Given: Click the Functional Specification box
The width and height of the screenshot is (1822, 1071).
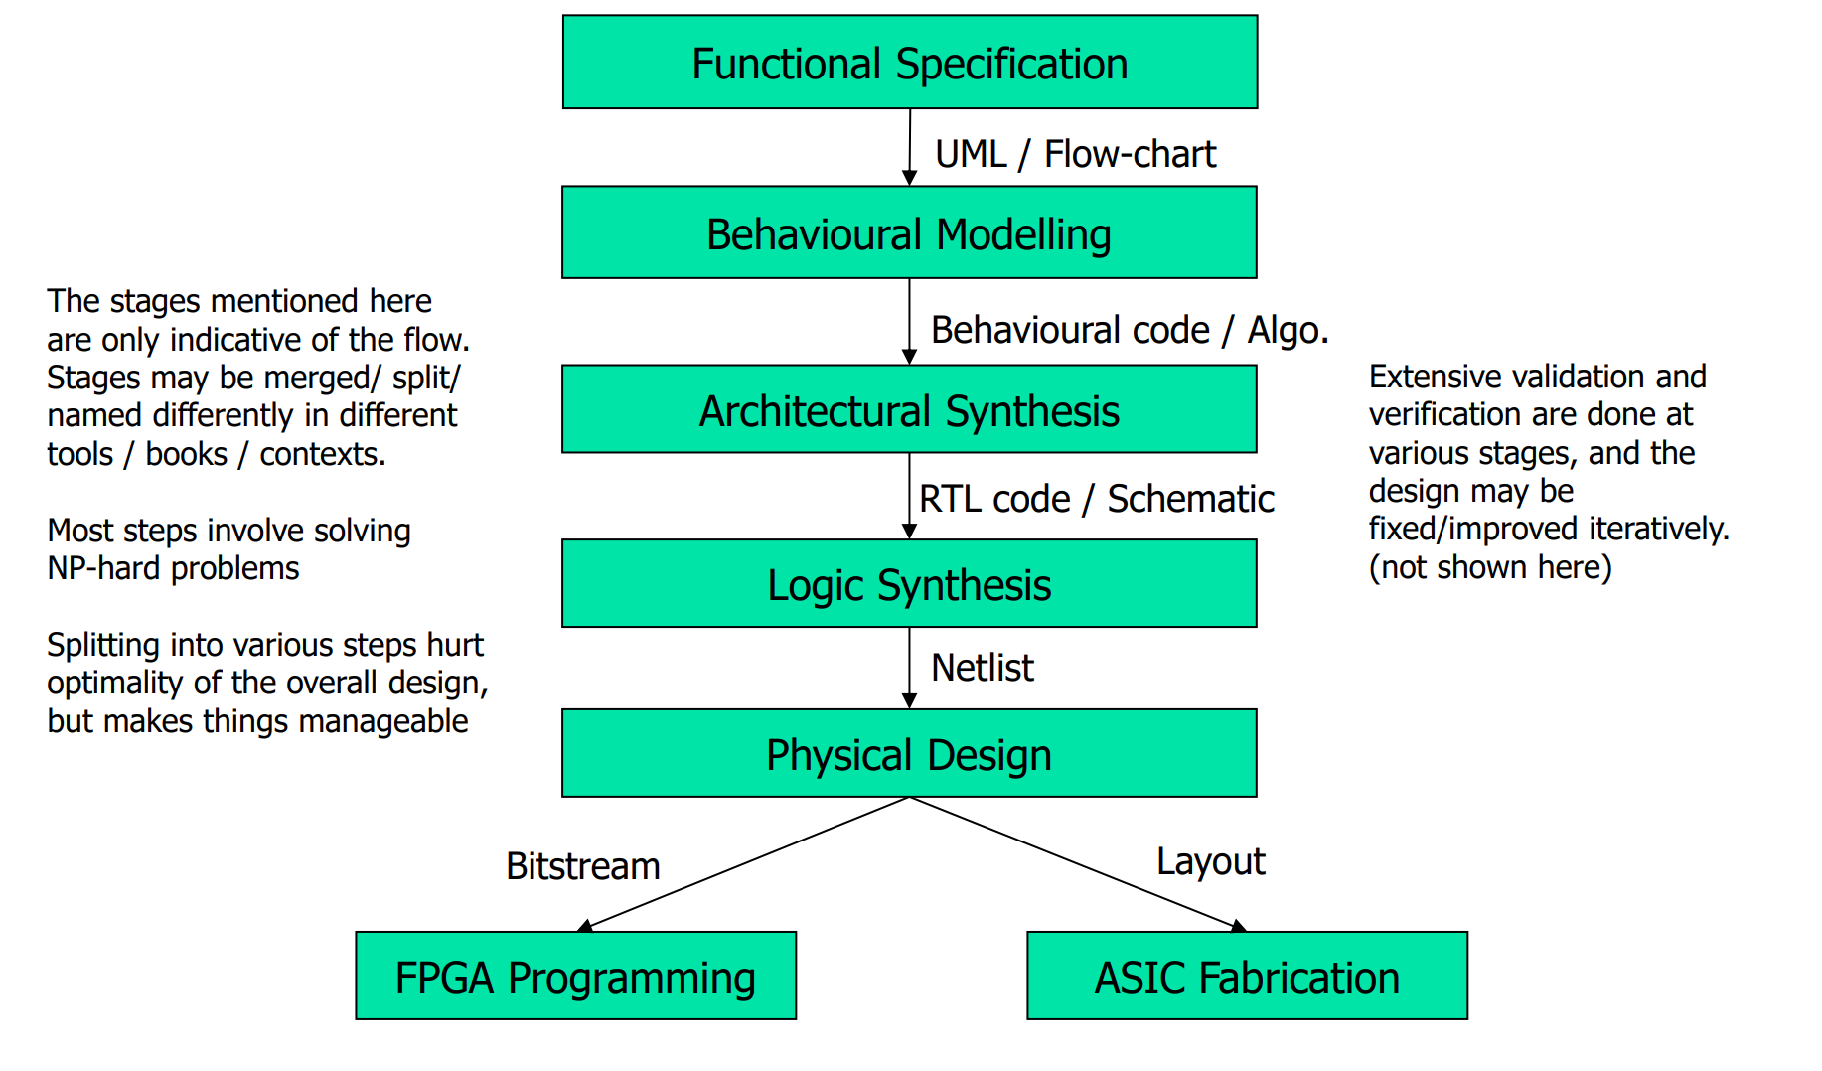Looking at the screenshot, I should click(909, 63).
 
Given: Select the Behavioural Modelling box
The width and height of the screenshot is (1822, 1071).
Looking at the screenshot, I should click(909, 233).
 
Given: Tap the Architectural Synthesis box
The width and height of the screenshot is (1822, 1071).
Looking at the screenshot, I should click(909, 410).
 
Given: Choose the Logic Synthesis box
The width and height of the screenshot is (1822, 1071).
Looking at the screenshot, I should click(909, 584).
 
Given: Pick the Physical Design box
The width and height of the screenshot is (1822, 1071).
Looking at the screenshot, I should click(909, 754).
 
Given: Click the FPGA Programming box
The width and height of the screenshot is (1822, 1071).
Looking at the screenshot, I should click(575, 977).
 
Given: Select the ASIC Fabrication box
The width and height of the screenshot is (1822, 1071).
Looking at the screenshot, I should click(1247, 977).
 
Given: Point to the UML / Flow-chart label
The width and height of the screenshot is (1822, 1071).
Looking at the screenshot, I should click(1075, 154).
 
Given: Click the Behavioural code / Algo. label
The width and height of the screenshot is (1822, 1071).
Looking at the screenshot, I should click(1129, 330).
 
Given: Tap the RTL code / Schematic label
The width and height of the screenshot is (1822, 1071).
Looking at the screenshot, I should click(1096, 499).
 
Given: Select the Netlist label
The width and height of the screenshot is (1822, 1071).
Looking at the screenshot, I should click(982, 668).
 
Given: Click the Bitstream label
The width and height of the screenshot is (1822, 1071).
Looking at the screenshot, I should click(582, 866).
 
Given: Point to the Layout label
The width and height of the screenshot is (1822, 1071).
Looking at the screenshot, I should click(1210, 861).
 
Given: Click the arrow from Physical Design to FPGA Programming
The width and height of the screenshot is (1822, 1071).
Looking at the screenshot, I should click(745, 863).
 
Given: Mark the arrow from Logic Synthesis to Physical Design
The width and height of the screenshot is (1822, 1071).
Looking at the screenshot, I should click(909, 668).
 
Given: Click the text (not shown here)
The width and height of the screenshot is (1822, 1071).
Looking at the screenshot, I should click(1489, 567).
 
